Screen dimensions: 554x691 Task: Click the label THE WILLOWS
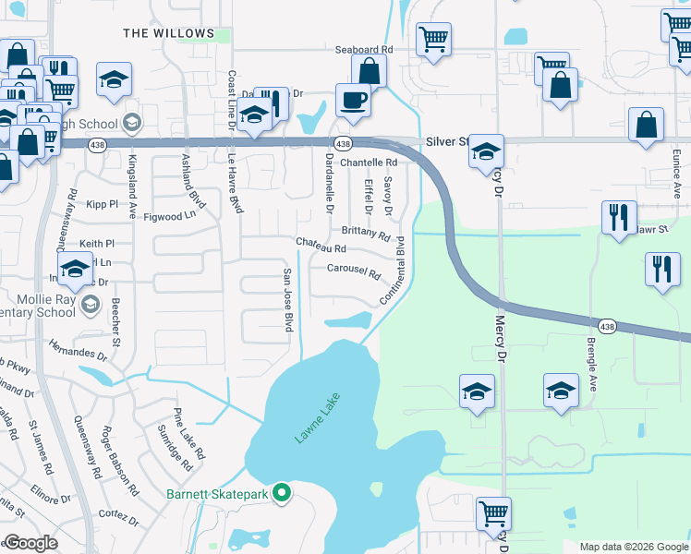click(169, 33)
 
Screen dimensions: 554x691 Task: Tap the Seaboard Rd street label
click(364, 49)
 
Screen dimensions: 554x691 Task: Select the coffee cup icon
click(353, 100)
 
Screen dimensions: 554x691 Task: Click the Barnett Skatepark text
click(217, 495)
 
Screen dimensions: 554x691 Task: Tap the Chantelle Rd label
click(369, 163)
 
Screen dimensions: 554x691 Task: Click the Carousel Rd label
click(354, 271)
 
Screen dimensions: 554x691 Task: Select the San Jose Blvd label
click(288, 300)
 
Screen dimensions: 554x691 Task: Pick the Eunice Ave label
click(676, 176)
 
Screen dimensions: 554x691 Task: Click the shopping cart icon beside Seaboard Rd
click(433, 40)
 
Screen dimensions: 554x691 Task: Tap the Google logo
click(30, 543)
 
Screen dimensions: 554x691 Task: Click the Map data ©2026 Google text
click(633, 546)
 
